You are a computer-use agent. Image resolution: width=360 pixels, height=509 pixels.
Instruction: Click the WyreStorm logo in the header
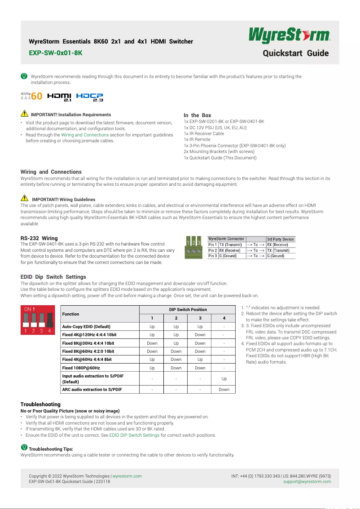tap(290, 35)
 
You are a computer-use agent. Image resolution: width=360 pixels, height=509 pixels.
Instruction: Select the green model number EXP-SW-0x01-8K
tap(56, 53)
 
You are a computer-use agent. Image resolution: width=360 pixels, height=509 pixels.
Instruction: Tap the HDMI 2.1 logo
tap(59, 97)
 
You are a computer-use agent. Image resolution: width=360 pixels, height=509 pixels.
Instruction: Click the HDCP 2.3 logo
tap(90, 97)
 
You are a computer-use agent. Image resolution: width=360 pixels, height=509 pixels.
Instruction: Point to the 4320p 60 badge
tap(31, 97)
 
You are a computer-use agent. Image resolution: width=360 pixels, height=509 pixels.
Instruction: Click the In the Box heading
tap(198, 115)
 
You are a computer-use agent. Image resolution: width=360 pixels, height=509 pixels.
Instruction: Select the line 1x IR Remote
tap(197, 140)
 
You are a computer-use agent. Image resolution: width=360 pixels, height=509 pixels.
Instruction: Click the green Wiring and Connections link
tap(85, 135)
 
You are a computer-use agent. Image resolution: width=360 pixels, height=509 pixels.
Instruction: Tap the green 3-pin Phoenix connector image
tap(193, 248)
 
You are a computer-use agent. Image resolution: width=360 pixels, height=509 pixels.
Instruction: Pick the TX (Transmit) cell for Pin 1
tap(231, 245)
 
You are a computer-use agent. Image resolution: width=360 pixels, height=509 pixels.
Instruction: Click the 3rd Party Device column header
tap(280, 239)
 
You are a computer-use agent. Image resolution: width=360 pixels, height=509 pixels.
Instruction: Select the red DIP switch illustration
tap(37, 320)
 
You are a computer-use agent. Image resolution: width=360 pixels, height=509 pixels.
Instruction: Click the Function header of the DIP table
tap(71, 314)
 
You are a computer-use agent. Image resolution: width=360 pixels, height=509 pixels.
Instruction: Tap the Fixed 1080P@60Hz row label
tap(81, 368)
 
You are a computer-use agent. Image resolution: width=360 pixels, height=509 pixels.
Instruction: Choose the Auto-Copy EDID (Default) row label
tap(86, 327)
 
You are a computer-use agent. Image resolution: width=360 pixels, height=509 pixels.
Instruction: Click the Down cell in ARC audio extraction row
tap(224, 389)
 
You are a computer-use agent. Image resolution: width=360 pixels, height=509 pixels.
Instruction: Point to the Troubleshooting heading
tap(40, 404)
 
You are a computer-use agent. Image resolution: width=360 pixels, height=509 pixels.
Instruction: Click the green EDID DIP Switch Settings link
tap(134, 435)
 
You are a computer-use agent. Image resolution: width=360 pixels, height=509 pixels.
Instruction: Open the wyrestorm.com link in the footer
tap(127, 476)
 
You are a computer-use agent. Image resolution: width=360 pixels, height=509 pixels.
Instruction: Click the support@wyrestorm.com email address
tap(307, 482)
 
